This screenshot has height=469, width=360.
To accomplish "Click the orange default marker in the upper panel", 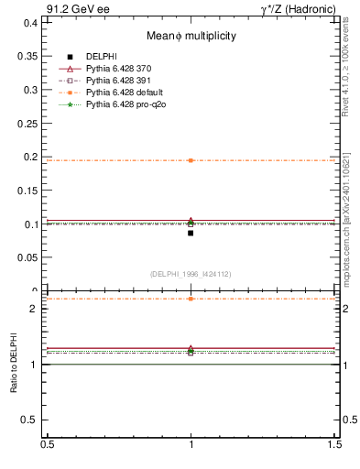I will [191, 160].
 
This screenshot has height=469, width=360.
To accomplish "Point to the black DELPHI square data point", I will [191, 233].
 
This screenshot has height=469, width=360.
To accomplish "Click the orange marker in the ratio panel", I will [191, 299].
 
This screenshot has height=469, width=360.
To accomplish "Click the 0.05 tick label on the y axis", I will [29, 257].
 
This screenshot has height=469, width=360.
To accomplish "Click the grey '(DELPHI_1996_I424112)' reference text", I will [191, 273].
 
